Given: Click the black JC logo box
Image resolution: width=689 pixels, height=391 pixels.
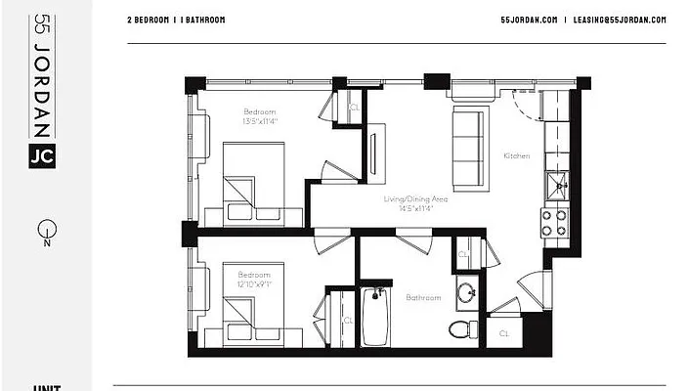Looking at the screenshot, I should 43,155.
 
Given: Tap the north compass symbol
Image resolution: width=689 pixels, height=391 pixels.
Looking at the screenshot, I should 45,232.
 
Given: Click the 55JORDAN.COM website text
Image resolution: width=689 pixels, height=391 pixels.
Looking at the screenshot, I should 529,20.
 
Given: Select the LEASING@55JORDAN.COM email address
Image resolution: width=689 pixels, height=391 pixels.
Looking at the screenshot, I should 620,20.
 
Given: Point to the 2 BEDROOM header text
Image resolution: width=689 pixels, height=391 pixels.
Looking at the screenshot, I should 150,20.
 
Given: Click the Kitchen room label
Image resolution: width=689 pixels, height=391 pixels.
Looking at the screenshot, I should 516,156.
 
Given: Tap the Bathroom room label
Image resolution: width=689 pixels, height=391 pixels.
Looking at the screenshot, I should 423,297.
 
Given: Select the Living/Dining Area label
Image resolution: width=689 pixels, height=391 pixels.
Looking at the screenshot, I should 415,198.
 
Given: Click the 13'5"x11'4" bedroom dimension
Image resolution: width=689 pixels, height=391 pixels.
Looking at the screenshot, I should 260,122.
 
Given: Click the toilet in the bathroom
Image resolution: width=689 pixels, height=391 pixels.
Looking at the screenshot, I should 461,326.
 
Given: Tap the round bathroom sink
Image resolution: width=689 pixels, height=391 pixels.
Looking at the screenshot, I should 466,292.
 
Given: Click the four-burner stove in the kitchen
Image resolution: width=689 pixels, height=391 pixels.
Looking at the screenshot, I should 554,224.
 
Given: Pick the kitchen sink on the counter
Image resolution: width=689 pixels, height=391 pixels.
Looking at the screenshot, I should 559,183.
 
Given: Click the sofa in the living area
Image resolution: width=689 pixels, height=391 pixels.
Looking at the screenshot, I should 467,150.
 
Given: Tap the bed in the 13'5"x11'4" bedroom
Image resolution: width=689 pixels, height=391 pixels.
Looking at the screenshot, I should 253,184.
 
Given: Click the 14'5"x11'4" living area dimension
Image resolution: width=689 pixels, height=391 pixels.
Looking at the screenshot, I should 415,208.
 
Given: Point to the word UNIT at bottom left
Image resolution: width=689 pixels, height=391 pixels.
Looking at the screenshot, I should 46,387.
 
